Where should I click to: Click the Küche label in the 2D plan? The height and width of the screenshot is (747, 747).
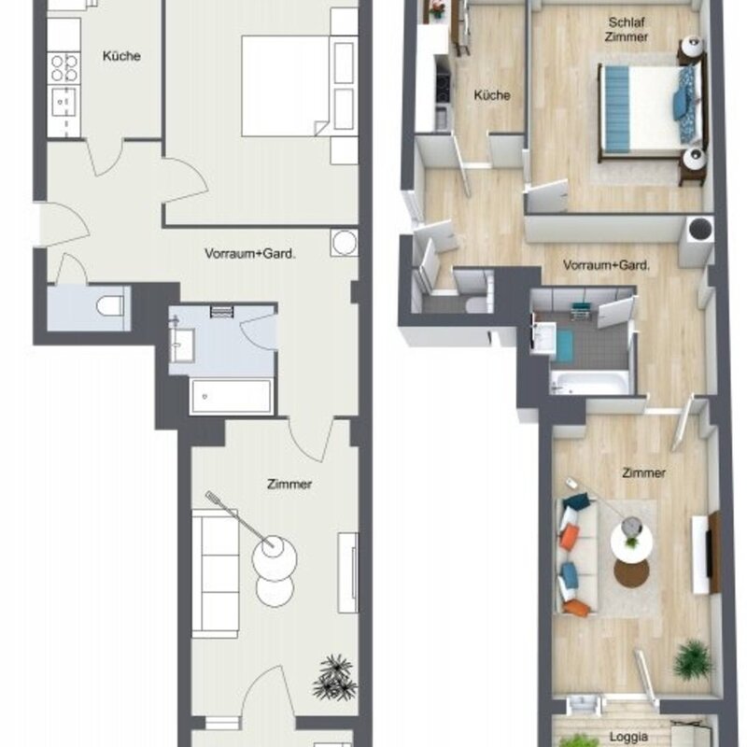(x=121, y=56)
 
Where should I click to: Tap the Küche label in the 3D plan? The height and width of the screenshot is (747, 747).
(x=492, y=95)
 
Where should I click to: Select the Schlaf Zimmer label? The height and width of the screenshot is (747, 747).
(x=627, y=29)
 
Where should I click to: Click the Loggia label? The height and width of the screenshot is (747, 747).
(x=628, y=737)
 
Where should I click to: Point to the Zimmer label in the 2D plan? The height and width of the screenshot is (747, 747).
(x=289, y=484)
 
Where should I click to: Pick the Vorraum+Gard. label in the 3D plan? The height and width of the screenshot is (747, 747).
(x=606, y=265)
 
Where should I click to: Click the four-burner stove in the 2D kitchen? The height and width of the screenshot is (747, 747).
(x=63, y=68)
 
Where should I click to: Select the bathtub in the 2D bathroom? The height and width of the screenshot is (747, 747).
(x=232, y=396)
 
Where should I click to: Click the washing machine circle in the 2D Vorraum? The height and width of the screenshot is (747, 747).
(x=344, y=243)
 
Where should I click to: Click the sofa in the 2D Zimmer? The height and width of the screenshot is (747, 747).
(x=216, y=573)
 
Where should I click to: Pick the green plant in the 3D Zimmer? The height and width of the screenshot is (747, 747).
(x=693, y=658)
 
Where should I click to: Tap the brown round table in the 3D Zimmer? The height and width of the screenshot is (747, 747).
(x=631, y=573)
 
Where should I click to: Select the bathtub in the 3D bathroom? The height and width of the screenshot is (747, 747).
(x=590, y=383)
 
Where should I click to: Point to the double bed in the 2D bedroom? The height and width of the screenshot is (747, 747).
(x=285, y=86)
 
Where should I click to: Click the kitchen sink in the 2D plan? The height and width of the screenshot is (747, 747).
(x=63, y=102)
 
